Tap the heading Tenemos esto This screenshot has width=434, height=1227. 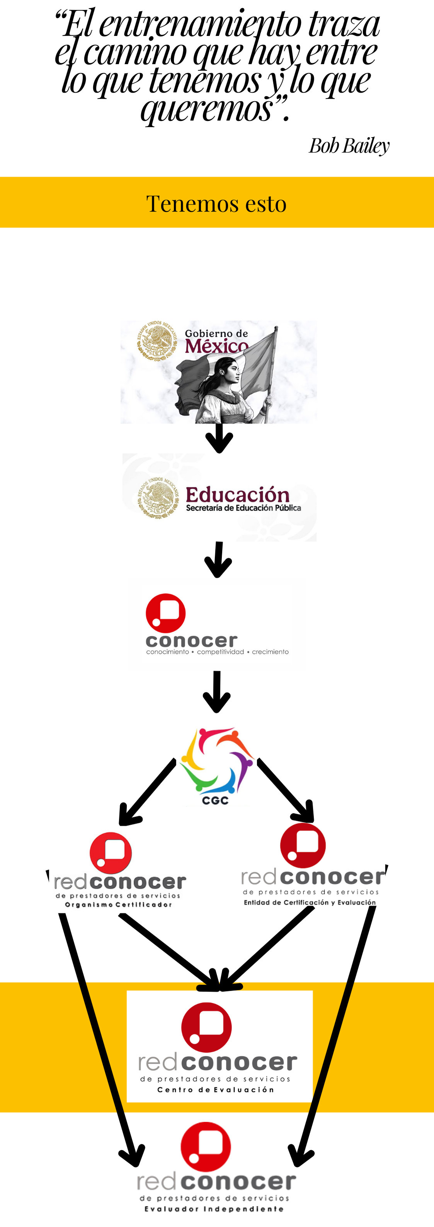pyautogui.click(x=216, y=204)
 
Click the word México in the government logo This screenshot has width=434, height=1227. pyautogui.click(x=216, y=346)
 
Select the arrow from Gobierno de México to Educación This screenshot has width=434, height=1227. pyautogui.click(x=219, y=438)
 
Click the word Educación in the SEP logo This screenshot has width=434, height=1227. pyautogui.click(x=237, y=495)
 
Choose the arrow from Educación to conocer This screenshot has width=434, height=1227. pyautogui.click(x=218, y=559)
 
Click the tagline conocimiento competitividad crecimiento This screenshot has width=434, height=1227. pyautogui.click(x=217, y=652)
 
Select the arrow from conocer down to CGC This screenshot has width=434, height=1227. pyautogui.click(x=217, y=692)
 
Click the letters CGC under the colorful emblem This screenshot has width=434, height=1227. pyautogui.click(x=215, y=801)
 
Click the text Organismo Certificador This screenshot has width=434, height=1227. pyautogui.click(x=118, y=905)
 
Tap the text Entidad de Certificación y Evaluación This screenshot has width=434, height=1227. pyautogui.click(x=310, y=902)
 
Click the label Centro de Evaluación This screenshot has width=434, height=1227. pyautogui.click(x=216, y=1089)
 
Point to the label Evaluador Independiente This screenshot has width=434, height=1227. pyautogui.click(x=214, y=1208)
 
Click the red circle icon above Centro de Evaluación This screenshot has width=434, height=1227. pyautogui.click(x=206, y=1028)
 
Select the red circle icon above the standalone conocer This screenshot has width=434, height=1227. pyautogui.click(x=165, y=613)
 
